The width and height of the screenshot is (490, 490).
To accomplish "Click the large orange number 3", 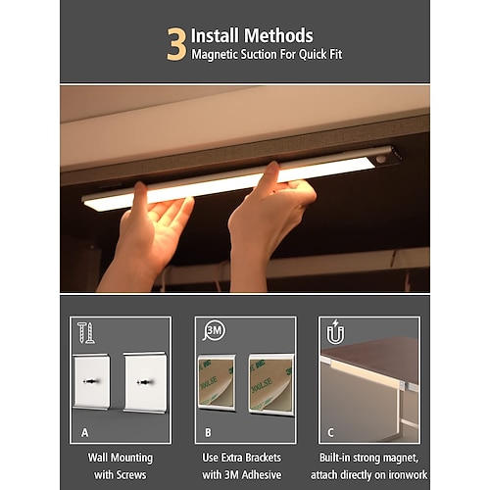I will coord(176,43).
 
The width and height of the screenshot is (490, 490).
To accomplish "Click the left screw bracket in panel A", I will coord(93,381).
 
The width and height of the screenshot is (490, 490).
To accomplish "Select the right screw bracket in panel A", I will coord(145,381).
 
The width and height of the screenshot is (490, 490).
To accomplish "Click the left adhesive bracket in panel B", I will coord(217,382).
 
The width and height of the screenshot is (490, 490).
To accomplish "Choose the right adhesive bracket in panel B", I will coord(269,382).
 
